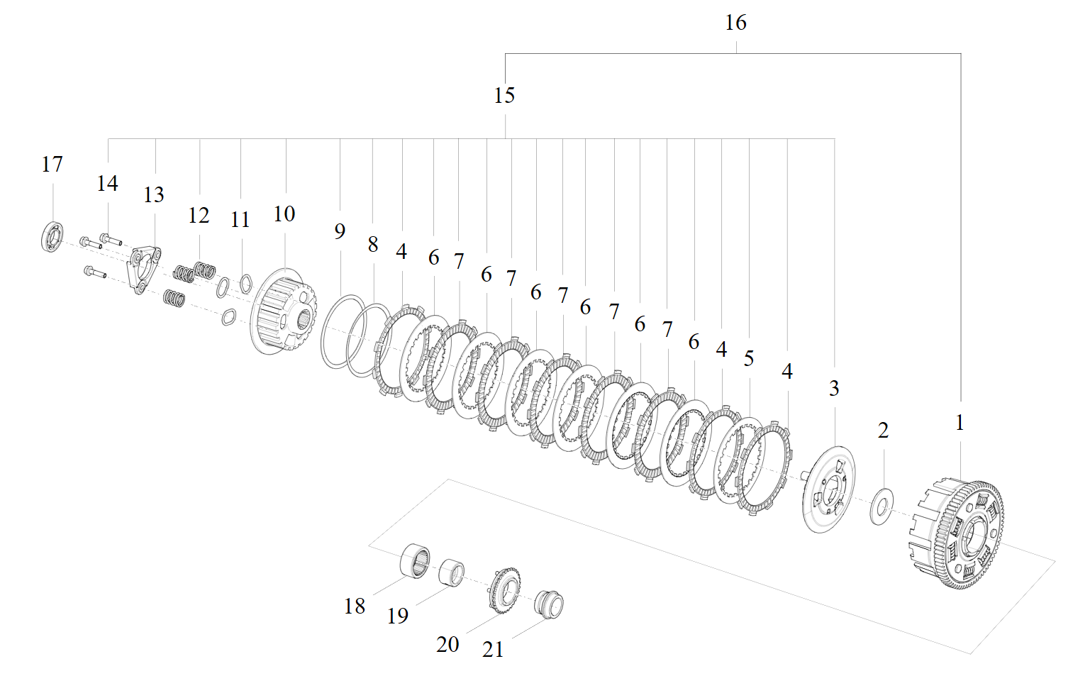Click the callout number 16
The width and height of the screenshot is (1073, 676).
coord(735,23)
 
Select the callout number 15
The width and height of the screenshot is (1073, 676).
coord(504,95)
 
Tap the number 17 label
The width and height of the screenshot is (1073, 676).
coord(52,165)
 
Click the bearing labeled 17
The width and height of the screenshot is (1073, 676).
coord(52,237)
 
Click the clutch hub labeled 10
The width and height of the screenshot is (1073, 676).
coord(284,312)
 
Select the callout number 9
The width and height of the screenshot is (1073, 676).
coord(340,231)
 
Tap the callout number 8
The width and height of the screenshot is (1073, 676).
coord(372,244)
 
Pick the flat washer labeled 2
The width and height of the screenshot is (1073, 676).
coord(882,506)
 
